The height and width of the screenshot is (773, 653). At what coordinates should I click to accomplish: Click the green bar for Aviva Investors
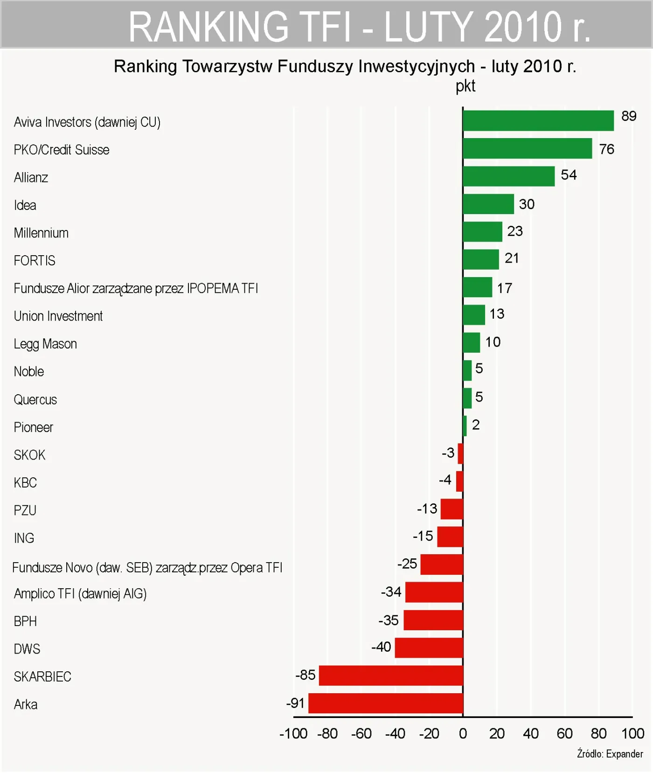[x=538, y=121]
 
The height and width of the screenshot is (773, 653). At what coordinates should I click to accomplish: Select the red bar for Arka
[x=385, y=703]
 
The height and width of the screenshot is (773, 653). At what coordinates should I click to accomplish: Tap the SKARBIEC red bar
[x=391, y=675]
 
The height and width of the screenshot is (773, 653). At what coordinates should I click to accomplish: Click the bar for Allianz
[x=508, y=176]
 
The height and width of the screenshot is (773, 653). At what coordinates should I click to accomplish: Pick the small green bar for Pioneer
[x=465, y=426]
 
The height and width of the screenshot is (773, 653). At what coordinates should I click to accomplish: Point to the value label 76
[x=606, y=149]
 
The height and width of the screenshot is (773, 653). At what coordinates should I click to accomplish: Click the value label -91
[x=295, y=703]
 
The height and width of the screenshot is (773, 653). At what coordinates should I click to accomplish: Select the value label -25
[x=407, y=564]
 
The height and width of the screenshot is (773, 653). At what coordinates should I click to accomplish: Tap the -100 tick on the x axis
[x=293, y=734]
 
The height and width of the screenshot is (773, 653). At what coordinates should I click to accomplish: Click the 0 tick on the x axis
[x=463, y=734]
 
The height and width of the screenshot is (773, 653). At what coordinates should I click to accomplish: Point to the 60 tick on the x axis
[x=564, y=734]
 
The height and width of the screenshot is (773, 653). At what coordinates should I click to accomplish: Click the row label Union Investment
[x=58, y=316]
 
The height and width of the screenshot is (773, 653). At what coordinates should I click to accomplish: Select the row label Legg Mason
[x=45, y=344]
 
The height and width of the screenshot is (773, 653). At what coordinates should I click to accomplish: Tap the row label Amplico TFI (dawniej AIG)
[x=80, y=594]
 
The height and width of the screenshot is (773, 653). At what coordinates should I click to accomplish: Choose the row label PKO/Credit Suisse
[x=62, y=150]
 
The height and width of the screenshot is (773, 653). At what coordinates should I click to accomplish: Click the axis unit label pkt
[x=465, y=86]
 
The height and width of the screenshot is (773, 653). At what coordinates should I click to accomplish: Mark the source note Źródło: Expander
[x=610, y=754]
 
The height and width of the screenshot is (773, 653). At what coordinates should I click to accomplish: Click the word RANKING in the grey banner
[x=208, y=27]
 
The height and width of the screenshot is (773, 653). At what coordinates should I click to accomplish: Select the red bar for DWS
[x=429, y=648]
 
